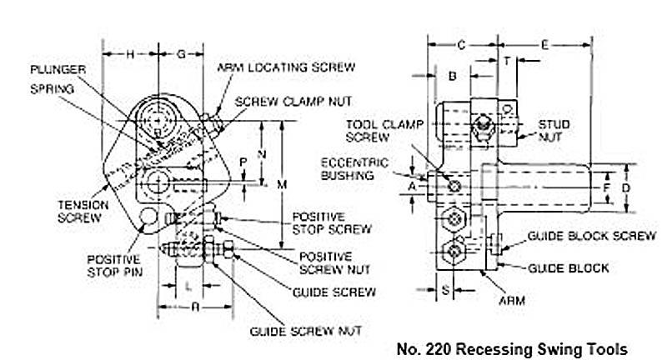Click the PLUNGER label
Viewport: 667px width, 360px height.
click(54, 69)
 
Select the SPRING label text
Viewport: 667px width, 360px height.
click(48, 86)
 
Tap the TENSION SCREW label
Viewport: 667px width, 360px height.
click(78, 210)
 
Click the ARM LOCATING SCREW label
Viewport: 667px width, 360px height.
click(286, 67)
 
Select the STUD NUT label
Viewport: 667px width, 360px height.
click(554, 130)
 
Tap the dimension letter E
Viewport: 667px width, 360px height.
click(544, 43)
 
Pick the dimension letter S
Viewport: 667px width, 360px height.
click(445, 290)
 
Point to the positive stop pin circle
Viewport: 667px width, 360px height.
click(150, 217)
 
